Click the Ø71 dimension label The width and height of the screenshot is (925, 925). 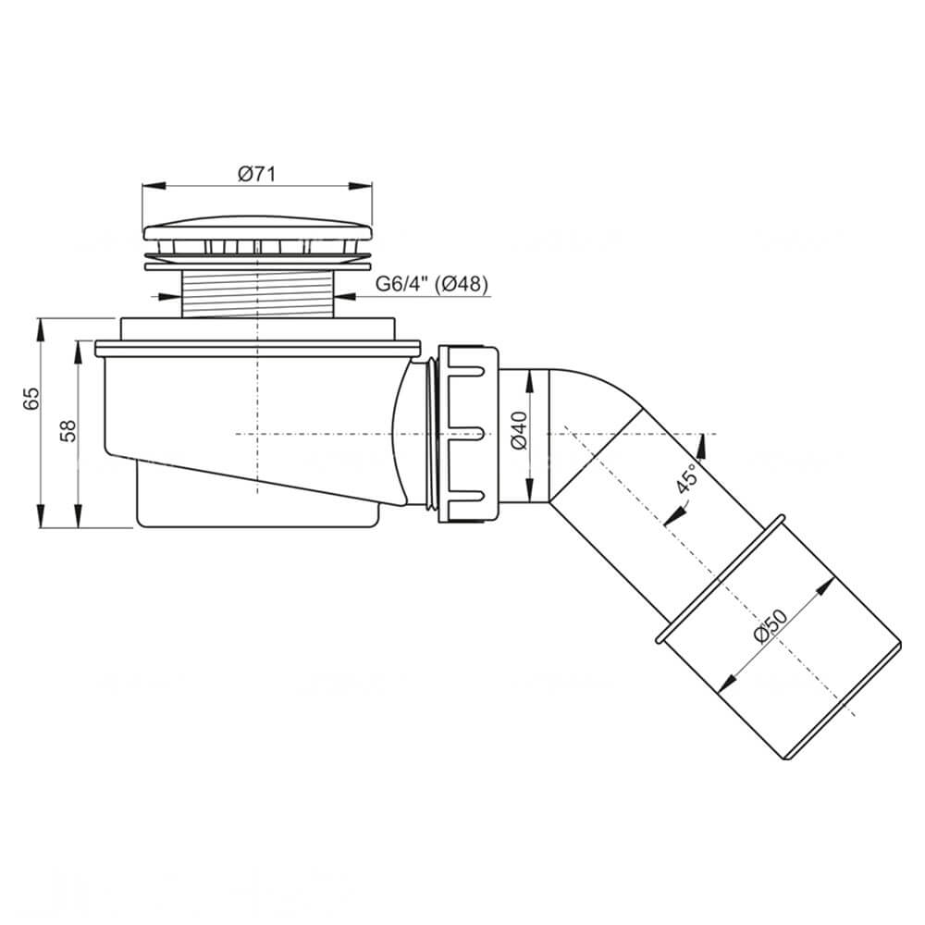pos(256,175)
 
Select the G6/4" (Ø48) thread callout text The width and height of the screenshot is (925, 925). pos(432,285)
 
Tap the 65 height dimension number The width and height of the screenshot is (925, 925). pos(31,399)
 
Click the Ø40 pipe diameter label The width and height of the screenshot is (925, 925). pos(520,430)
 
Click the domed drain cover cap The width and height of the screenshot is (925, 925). pos(258,228)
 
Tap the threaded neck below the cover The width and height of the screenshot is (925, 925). pos(258,293)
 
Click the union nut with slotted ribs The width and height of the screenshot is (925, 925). pos(469,434)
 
